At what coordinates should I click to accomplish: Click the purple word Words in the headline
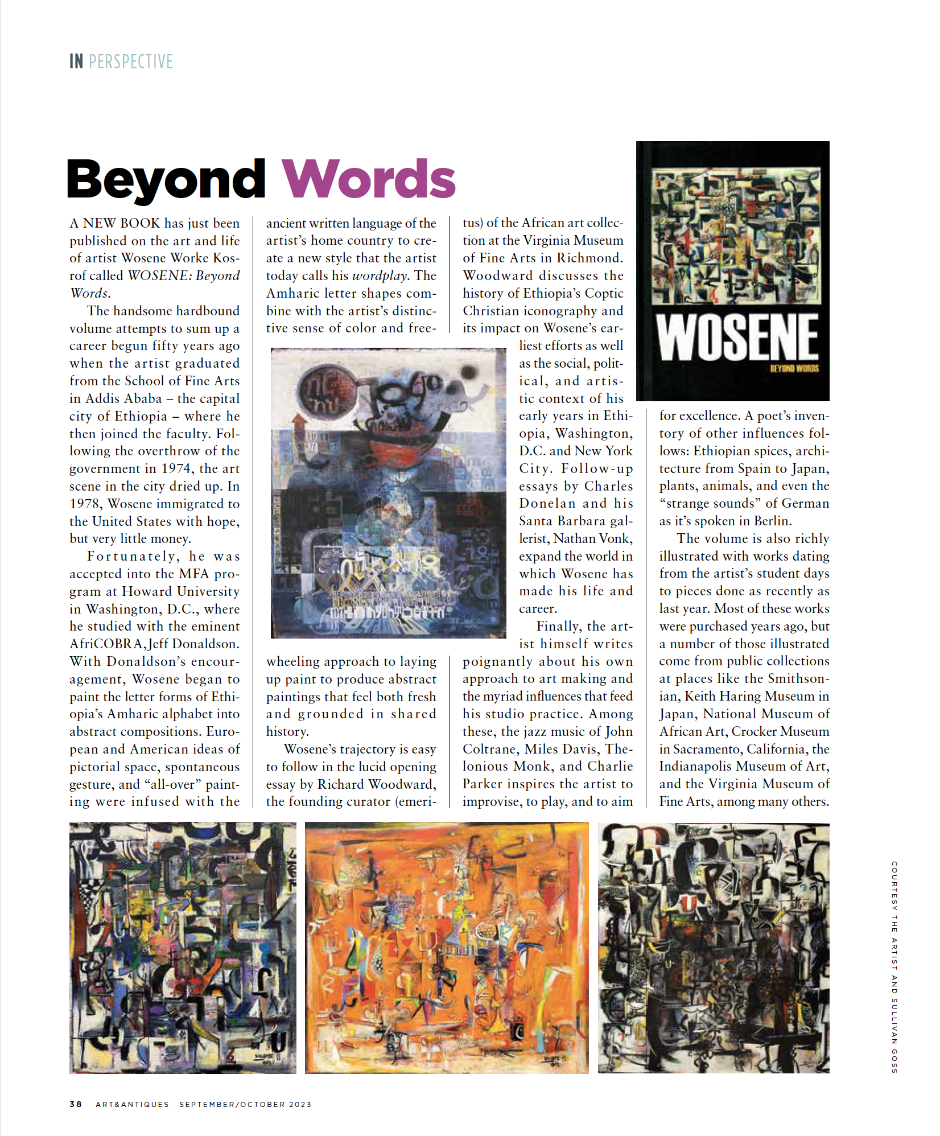point(369,179)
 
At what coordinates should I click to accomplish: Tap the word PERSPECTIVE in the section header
point(131,61)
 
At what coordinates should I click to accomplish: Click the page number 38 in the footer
point(76,1104)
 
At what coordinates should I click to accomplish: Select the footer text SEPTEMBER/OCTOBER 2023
point(245,1104)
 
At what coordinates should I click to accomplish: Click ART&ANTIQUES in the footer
point(132,1104)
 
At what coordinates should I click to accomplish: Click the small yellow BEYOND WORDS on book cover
point(794,369)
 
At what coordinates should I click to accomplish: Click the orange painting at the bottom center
point(447,948)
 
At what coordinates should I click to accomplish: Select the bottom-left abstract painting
point(183,948)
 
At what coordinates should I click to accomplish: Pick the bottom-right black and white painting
point(714,948)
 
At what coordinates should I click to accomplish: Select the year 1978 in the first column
point(86,504)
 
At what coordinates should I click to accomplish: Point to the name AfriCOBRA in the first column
point(106,644)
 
